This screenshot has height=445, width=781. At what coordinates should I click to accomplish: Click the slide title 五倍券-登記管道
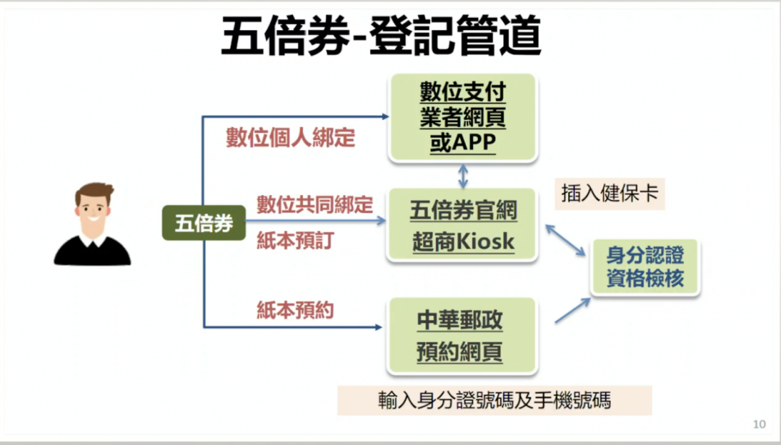[x=381, y=36]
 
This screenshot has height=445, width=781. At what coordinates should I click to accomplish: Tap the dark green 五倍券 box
[x=204, y=223]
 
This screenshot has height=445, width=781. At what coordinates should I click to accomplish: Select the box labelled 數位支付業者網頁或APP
[x=463, y=118]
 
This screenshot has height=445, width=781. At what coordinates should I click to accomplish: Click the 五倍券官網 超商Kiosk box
[x=463, y=225]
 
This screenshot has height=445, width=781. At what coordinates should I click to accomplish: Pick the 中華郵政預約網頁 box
[x=461, y=336]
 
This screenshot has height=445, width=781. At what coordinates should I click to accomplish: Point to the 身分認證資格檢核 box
[x=645, y=267]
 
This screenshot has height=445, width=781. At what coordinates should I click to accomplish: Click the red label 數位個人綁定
[x=291, y=137]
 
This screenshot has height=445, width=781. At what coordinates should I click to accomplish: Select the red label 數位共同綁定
[x=315, y=204]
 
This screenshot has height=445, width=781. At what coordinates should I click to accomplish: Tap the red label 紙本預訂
[x=295, y=241]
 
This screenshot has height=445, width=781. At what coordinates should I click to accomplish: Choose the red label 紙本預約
[x=295, y=310]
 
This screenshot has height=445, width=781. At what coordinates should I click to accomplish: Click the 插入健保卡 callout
[x=610, y=193]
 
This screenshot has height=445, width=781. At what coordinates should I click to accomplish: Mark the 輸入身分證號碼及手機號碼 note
[x=495, y=400]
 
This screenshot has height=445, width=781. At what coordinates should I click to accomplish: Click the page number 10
[x=759, y=424]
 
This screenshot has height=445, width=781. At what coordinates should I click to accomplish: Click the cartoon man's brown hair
[x=94, y=191]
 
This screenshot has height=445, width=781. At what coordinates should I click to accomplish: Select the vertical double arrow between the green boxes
[x=464, y=176]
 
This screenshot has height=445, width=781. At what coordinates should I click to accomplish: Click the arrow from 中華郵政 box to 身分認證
[x=573, y=311]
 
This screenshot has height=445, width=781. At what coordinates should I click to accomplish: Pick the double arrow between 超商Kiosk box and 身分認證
[x=566, y=241]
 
